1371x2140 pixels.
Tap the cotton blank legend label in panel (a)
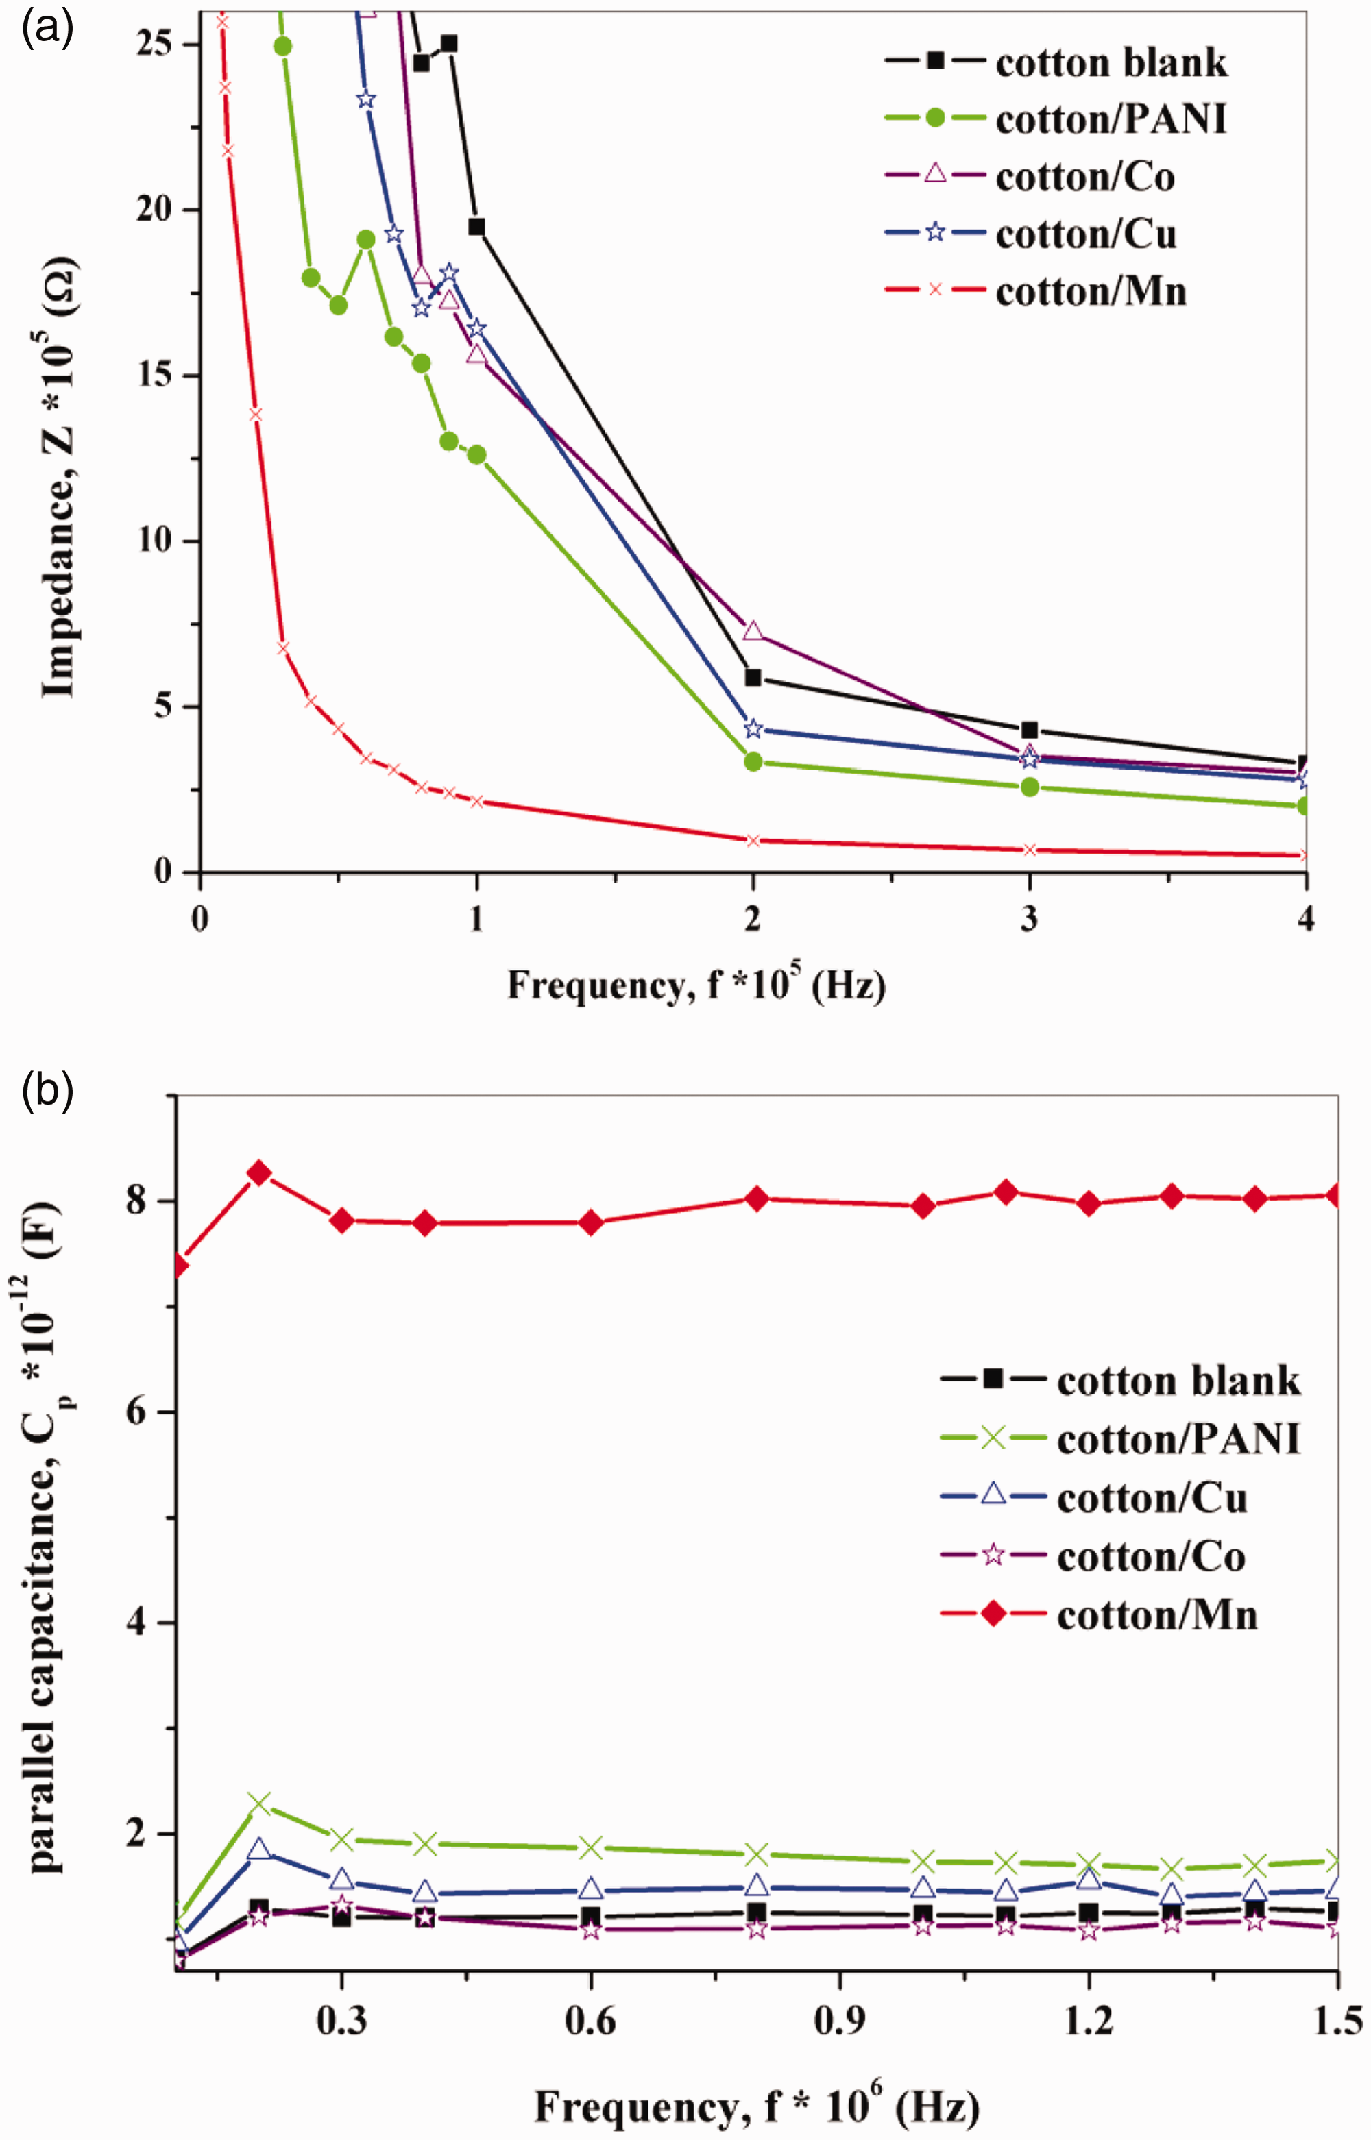pyautogui.click(x=1111, y=62)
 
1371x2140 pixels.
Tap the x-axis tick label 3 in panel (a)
pyautogui.click(x=1029, y=918)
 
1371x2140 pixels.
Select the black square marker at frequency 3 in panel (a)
pyautogui.click(x=1029, y=730)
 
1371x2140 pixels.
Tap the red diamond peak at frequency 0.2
pyautogui.click(x=259, y=1172)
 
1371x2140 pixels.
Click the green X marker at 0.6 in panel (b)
pyautogui.click(x=590, y=1847)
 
